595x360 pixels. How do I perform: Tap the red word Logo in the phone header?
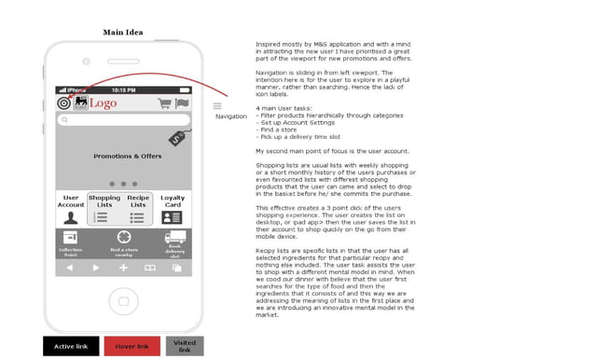(104, 104)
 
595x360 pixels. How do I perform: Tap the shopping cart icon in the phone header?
(164, 104)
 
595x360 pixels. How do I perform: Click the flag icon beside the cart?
(181, 104)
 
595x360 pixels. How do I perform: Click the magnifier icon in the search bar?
(64, 120)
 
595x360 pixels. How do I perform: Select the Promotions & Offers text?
(127, 156)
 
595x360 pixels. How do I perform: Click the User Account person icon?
(71, 217)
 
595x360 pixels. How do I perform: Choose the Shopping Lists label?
(104, 201)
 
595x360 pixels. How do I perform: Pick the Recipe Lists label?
(138, 201)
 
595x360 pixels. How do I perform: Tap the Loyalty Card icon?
(173, 217)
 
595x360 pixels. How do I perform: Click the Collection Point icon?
(71, 238)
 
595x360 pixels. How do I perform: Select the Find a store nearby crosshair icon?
(123, 238)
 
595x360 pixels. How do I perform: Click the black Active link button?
(71, 347)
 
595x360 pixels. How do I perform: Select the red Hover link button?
(131, 347)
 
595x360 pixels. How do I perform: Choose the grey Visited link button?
(184, 347)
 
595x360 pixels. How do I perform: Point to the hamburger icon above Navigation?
(217, 105)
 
